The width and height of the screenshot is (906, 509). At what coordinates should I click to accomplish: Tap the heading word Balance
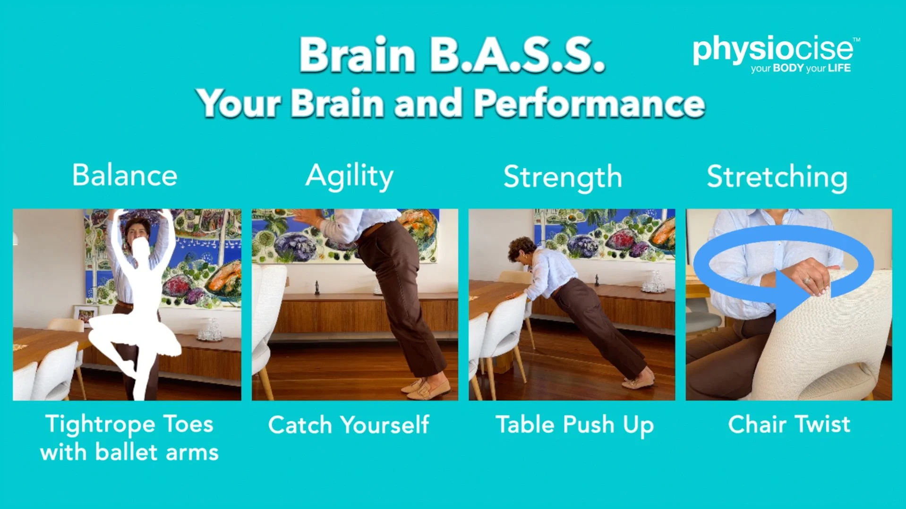pos(125,175)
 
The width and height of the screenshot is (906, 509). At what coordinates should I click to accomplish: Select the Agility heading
pos(349,177)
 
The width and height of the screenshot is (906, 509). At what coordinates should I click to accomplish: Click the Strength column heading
pos(563,178)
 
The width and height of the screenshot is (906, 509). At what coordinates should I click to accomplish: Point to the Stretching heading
pos(777,178)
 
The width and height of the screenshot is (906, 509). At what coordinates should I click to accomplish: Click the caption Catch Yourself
pos(349,424)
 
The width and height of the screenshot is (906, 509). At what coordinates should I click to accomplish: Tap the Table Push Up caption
pos(574,424)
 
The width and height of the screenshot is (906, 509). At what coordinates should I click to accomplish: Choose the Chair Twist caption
pos(789,424)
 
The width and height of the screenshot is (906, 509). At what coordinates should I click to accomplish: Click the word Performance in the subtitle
pos(589,103)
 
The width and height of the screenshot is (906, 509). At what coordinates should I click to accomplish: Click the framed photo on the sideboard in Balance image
pos(85,315)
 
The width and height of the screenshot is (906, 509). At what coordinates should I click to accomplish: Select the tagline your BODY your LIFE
pos(801,68)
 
